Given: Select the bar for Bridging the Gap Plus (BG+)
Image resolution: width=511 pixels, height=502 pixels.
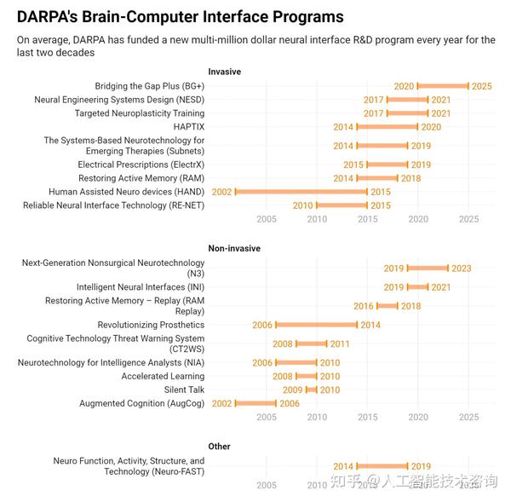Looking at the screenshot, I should point(443,86).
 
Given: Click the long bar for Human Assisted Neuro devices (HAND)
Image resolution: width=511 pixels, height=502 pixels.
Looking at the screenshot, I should point(301,192).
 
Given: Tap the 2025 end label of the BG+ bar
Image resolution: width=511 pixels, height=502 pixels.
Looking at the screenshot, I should point(482,86).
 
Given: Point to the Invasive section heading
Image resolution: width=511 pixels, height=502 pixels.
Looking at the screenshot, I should point(224,72).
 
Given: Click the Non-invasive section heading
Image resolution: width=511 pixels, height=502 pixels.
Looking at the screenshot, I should point(234,248).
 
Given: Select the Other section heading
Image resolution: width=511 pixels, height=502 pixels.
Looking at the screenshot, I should point(219,446).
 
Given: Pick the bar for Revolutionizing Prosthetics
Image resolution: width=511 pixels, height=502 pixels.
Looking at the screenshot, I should point(317,325).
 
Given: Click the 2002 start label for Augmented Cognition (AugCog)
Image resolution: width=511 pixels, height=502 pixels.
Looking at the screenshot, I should point(221,403).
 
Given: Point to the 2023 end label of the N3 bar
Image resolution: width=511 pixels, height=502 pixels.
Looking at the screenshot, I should point(461,268).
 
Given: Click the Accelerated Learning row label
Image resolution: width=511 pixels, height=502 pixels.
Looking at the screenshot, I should point(163,376).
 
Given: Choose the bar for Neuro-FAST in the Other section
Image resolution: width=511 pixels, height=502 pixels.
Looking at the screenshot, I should point(382,466).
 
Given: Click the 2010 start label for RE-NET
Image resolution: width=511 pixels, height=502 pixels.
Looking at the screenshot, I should point(302,205).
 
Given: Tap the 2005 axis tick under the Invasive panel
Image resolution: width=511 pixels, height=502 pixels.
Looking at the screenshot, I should point(266,219).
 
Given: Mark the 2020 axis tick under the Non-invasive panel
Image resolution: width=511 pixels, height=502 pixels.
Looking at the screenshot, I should point(418,417).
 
